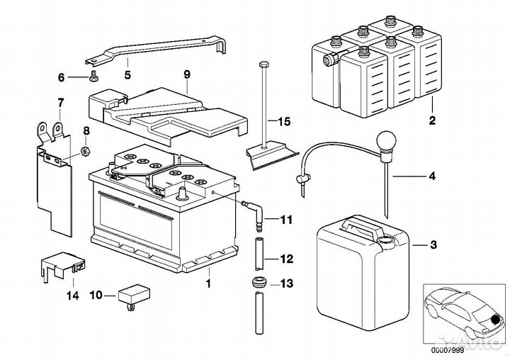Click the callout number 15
(283, 122)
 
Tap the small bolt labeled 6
(93, 76)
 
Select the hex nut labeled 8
(85, 151)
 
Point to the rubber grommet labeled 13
(259, 282)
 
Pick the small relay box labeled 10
(134, 296)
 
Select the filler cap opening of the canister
(386, 242)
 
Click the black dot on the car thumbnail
(496, 320)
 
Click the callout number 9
(187, 74)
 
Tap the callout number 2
(432, 120)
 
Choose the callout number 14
(72, 296)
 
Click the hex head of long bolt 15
(263, 64)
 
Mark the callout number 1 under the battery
(208, 283)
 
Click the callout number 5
(127, 75)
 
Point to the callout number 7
(60, 103)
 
